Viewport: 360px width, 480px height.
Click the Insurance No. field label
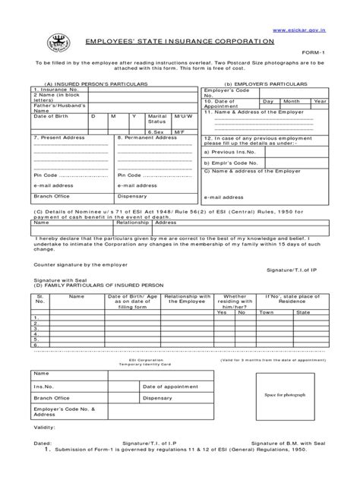pos(52,89)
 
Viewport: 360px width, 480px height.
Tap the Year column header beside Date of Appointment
pos(320,101)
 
